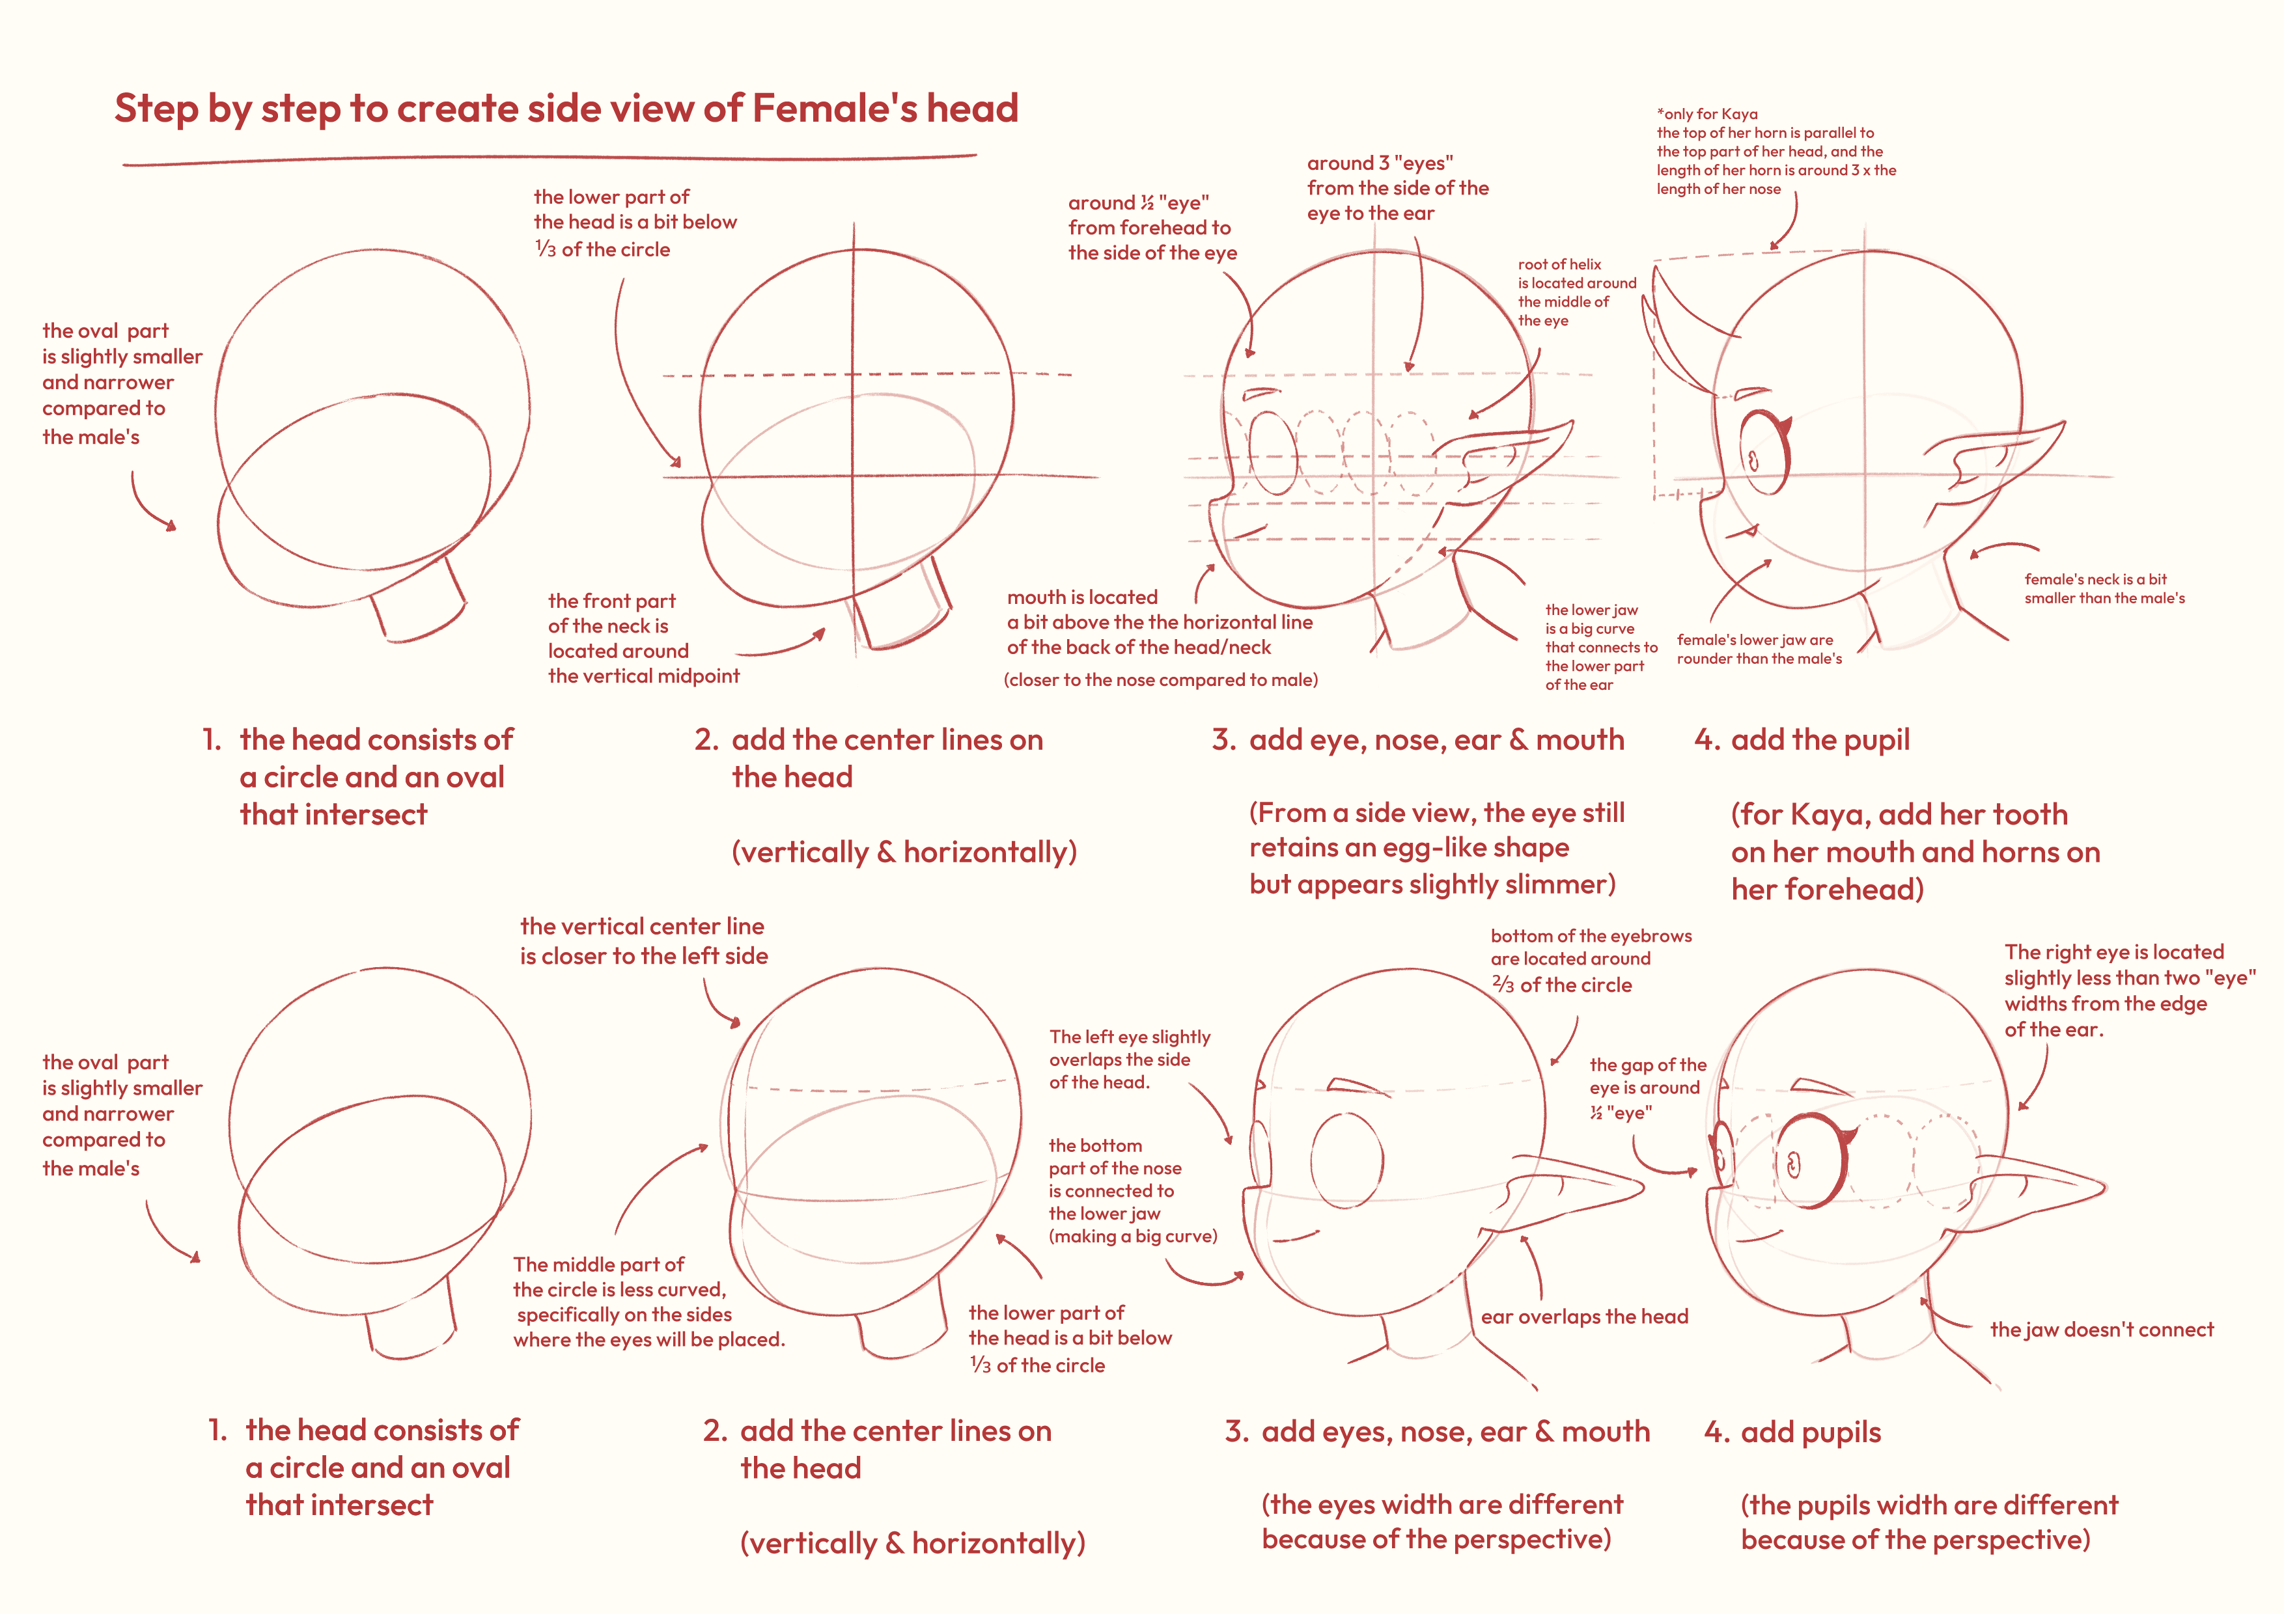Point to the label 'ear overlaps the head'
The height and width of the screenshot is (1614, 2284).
click(1585, 1317)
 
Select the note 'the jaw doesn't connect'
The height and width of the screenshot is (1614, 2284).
click(2102, 1330)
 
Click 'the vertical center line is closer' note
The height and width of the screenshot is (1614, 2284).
click(644, 941)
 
